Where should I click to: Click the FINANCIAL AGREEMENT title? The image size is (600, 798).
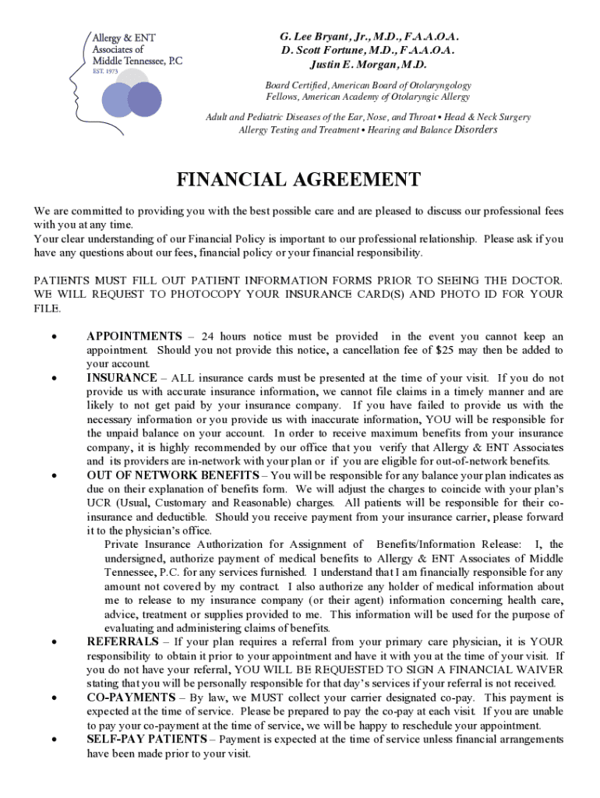coord(298,180)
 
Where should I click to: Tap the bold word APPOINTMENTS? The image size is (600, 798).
coord(134,337)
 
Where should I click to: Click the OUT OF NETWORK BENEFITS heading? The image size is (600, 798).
coord(172,475)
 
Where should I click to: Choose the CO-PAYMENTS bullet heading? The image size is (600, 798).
coord(131,697)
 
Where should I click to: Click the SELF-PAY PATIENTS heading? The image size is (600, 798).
coord(146,739)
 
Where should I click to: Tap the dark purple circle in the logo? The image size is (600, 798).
coord(143,99)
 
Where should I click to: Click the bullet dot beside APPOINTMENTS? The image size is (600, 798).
coord(52,338)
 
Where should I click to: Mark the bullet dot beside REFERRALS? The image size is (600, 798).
coord(52,643)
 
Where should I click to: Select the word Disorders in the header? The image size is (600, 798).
coord(475,129)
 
